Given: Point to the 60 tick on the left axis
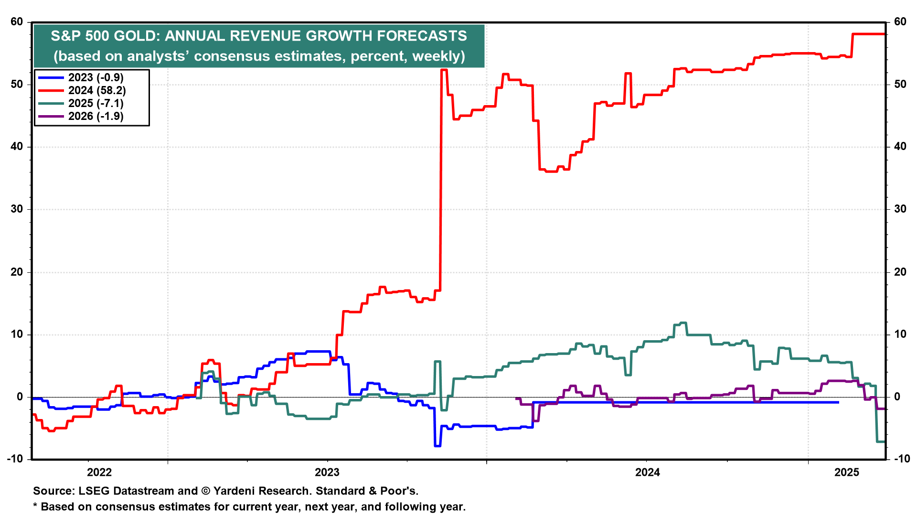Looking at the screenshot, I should pos(17,21).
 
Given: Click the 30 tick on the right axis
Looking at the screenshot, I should pos(900,209).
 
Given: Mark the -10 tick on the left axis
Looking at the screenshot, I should pos(15,459).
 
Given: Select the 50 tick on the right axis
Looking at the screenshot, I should pos(900,84).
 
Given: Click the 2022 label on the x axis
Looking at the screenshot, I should pos(99,473).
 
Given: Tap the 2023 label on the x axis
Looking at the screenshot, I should pos(327,473).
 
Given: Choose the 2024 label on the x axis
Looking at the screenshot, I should pos(648,473).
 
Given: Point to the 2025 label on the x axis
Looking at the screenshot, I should pos(847,473).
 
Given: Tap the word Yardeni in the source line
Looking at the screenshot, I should pos(236,491).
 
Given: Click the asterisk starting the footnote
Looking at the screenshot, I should pos(35,506).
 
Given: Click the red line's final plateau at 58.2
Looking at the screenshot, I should pos(869,34).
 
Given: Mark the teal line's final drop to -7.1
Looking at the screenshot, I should pos(881,441).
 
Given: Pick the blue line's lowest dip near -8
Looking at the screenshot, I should pos(437,446).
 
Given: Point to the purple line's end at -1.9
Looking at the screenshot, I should pos(881,409).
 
